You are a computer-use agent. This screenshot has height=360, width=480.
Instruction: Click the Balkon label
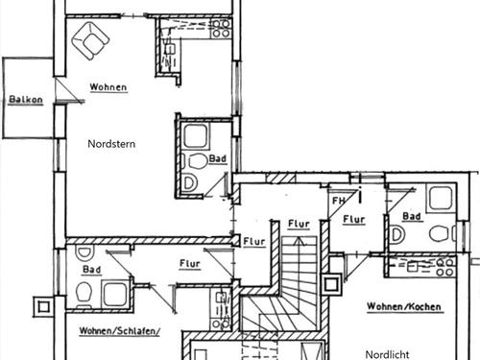tap(26, 99)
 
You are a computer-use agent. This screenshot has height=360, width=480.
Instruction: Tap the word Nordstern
tap(111, 144)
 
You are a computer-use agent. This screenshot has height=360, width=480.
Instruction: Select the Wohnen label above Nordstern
tap(108, 87)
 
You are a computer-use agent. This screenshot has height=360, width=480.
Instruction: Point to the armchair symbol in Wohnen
tap(90, 40)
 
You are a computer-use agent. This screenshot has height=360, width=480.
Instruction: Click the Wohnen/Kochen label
tap(404, 306)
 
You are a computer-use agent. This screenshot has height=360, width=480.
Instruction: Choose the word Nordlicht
tap(387, 354)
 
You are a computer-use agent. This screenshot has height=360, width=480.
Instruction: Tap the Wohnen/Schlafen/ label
tap(119, 330)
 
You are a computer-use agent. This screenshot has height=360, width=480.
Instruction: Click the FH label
tap(339, 201)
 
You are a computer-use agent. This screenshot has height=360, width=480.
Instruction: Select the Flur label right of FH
tap(354, 220)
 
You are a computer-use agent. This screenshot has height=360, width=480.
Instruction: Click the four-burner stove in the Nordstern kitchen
tap(221, 29)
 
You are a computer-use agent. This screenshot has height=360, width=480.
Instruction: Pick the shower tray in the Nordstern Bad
tap(196, 136)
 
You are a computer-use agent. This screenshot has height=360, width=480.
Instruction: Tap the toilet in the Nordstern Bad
tap(197, 161)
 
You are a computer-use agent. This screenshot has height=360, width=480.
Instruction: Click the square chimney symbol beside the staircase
tap(331, 284)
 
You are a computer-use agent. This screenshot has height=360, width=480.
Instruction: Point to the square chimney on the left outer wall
tap(43, 307)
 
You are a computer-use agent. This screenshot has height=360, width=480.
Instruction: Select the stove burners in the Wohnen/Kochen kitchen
tap(445, 268)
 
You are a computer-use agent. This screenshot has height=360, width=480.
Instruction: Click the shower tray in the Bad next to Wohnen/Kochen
tap(441, 198)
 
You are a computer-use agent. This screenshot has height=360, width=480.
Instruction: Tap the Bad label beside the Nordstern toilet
tap(218, 158)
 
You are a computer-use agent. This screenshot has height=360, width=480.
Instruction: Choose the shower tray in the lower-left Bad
tap(115, 295)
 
